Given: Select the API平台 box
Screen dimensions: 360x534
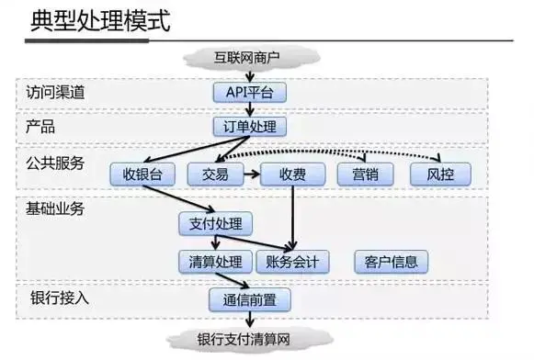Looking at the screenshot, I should (x=249, y=92).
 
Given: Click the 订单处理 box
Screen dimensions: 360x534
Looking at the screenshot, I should (x=249, y=126).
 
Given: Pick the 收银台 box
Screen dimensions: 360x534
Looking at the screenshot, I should (x=142, y=174).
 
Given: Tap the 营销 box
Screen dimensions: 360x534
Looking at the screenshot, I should (x=365, y=174).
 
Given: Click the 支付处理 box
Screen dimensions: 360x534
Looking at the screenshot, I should (x=214, y=223).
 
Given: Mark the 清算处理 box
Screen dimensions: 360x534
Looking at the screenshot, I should (x=214, y=262).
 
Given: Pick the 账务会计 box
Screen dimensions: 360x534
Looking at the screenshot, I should (x=292, y=262).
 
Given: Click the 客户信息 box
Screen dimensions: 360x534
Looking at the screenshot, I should (x=392, y=262).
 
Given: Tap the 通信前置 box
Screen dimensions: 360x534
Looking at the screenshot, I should (x=250, y=299).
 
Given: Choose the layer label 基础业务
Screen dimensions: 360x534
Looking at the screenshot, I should (x=54, y=208).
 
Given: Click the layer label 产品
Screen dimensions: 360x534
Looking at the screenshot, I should (x=40, y=126).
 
